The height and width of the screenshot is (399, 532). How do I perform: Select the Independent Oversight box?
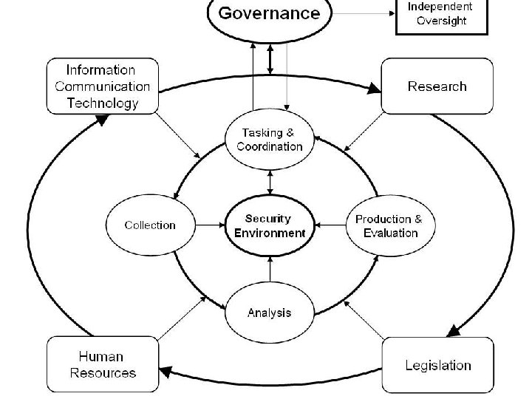coord(442,15)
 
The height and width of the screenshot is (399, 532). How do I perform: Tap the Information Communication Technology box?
coord(102,86)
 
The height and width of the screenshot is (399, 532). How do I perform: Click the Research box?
coord(437,86)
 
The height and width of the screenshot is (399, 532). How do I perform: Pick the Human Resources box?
coord(103,364)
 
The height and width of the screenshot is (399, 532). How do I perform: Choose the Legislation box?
coord(437,365)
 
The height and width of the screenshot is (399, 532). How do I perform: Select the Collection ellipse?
coord(150,225)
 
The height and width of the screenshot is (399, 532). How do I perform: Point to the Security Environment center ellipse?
coord(269,225)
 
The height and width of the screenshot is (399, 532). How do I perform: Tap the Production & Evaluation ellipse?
coord(389,225)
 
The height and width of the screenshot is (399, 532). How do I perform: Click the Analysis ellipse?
coord(269,312)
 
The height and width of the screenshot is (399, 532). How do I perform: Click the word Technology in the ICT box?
coord(103,103)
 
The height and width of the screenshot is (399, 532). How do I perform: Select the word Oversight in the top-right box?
coord(442,21)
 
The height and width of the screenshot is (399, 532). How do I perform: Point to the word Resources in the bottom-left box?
coord(103,372)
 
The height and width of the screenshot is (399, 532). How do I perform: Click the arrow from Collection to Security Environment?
coord(211,225)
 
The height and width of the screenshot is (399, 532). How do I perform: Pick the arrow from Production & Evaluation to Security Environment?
coord(330,225)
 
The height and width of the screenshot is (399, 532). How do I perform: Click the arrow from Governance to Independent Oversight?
coord(362,13)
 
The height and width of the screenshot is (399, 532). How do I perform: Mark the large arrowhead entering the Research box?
coord(374,89)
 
